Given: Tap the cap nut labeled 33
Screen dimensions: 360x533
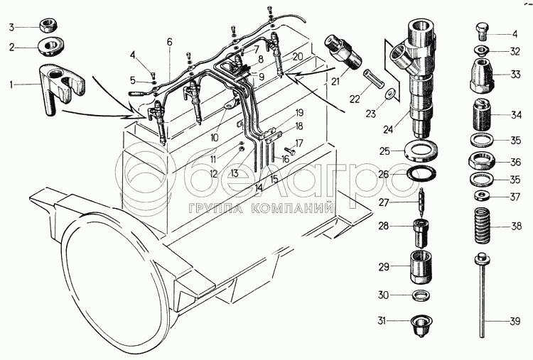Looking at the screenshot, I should [x=485, y=75].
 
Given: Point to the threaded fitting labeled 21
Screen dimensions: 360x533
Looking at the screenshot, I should [x=344, y=50].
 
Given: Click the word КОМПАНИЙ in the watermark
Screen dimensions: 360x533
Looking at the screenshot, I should [x=298, y=208].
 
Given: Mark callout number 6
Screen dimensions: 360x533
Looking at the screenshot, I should [x=169, y=43].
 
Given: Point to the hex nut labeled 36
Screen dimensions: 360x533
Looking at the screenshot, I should [x=483, y=162].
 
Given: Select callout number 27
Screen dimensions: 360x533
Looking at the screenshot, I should [x=384, y=202].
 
